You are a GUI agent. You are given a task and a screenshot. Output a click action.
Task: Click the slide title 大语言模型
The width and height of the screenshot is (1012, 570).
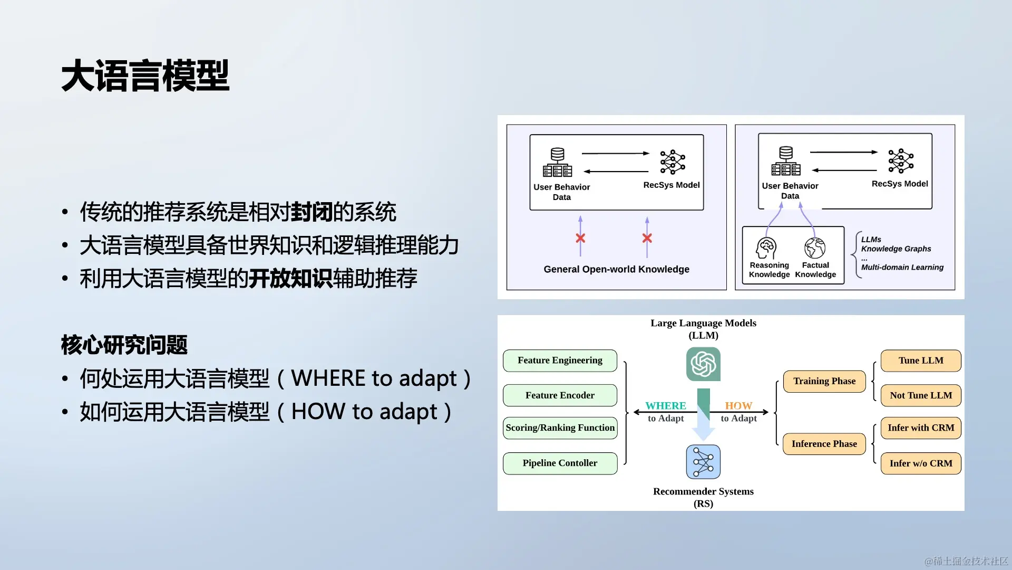click(145, 76)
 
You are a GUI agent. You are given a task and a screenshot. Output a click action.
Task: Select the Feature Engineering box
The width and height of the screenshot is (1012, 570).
click(560, 360)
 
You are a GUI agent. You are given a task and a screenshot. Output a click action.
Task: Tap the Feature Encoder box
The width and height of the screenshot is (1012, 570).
click(560, 395)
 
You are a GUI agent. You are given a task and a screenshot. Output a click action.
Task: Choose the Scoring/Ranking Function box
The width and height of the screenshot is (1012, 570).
click(560, 428)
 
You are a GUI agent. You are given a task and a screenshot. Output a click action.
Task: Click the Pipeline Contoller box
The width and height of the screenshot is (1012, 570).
click(560, 463)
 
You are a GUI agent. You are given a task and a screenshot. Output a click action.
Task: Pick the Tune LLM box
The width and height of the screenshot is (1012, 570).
click(921, 361)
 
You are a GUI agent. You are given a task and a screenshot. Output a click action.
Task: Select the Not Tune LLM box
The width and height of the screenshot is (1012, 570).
click(921, 395)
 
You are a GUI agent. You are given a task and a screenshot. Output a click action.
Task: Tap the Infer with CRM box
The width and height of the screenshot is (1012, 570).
click(921, 428)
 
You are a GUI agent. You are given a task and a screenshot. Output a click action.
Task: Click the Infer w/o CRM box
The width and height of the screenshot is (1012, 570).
click(921, 463)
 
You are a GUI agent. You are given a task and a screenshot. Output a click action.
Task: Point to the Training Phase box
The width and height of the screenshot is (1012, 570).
click(824, 381)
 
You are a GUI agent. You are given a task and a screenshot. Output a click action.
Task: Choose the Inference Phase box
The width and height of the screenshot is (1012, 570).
click(824, 444)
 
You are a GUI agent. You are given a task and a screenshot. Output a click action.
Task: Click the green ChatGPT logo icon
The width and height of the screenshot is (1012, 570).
click(703, 364)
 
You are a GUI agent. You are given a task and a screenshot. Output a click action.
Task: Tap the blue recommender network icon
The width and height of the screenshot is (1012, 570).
click(703, 462)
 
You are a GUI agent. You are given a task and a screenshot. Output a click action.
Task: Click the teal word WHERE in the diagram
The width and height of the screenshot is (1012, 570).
click(666, 405)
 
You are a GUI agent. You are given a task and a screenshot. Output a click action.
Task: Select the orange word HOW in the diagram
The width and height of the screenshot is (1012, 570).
click(738, 405)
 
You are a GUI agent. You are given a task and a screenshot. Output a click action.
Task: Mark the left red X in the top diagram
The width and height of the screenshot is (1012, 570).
click(580, 238)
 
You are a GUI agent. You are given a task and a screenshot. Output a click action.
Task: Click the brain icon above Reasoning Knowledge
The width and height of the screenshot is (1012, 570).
click(766, 248)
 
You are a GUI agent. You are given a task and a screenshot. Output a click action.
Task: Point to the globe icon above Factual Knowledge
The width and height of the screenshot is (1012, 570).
click(815, 248)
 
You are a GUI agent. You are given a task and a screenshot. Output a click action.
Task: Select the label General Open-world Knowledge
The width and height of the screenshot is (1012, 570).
click(616, 269)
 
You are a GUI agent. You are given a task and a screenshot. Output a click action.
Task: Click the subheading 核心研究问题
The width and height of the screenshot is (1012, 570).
click(124, 345)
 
